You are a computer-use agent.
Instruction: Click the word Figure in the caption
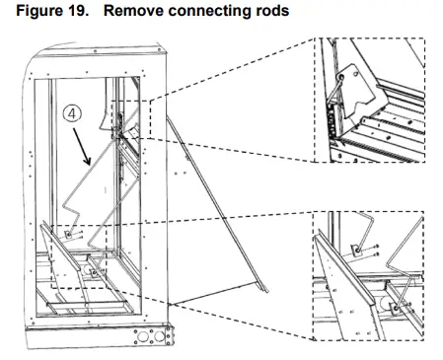coord(38,11)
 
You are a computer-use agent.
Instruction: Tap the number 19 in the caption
coord(78,11)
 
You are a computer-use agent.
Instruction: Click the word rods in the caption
coord(272,11)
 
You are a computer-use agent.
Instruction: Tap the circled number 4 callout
coord(72,113)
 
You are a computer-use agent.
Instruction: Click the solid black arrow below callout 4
coord(82,146)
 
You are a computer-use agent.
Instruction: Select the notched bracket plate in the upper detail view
coord(357,92)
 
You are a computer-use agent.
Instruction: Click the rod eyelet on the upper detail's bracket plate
coord(341,78)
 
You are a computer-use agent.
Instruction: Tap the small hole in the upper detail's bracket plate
coord(355,75)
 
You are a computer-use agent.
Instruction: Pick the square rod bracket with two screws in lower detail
coord(356,251)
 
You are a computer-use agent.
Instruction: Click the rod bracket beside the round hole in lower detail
coord(397,309)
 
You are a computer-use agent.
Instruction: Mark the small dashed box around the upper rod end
coord(131,119)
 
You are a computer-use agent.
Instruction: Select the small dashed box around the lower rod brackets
coord(79,256)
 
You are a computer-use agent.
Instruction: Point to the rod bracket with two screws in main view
coord(68,235)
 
